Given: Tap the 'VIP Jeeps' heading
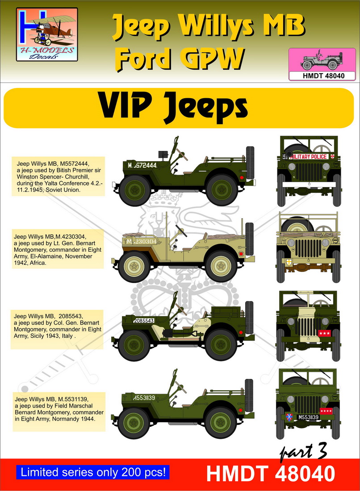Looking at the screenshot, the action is click(174, 107).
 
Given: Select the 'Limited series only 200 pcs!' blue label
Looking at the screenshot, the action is click(93, 472).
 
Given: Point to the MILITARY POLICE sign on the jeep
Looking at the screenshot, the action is click(309, 157).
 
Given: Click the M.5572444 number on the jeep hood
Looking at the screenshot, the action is click(142, 165).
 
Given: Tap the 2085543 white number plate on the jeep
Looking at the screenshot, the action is click(144, 320).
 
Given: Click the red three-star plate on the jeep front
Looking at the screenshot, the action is click(324, 333).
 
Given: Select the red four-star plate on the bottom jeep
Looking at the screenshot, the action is click(326, 411).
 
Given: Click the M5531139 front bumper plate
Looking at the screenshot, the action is click(308, 417).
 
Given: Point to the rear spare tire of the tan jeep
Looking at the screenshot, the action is click(249, 239).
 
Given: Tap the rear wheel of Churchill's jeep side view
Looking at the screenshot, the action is click(222, 190).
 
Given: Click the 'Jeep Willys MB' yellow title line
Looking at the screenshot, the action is click(208, 27).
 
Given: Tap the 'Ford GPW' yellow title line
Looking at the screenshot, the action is click(180, 58).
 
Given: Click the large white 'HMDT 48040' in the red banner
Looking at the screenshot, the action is click(271, 474).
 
